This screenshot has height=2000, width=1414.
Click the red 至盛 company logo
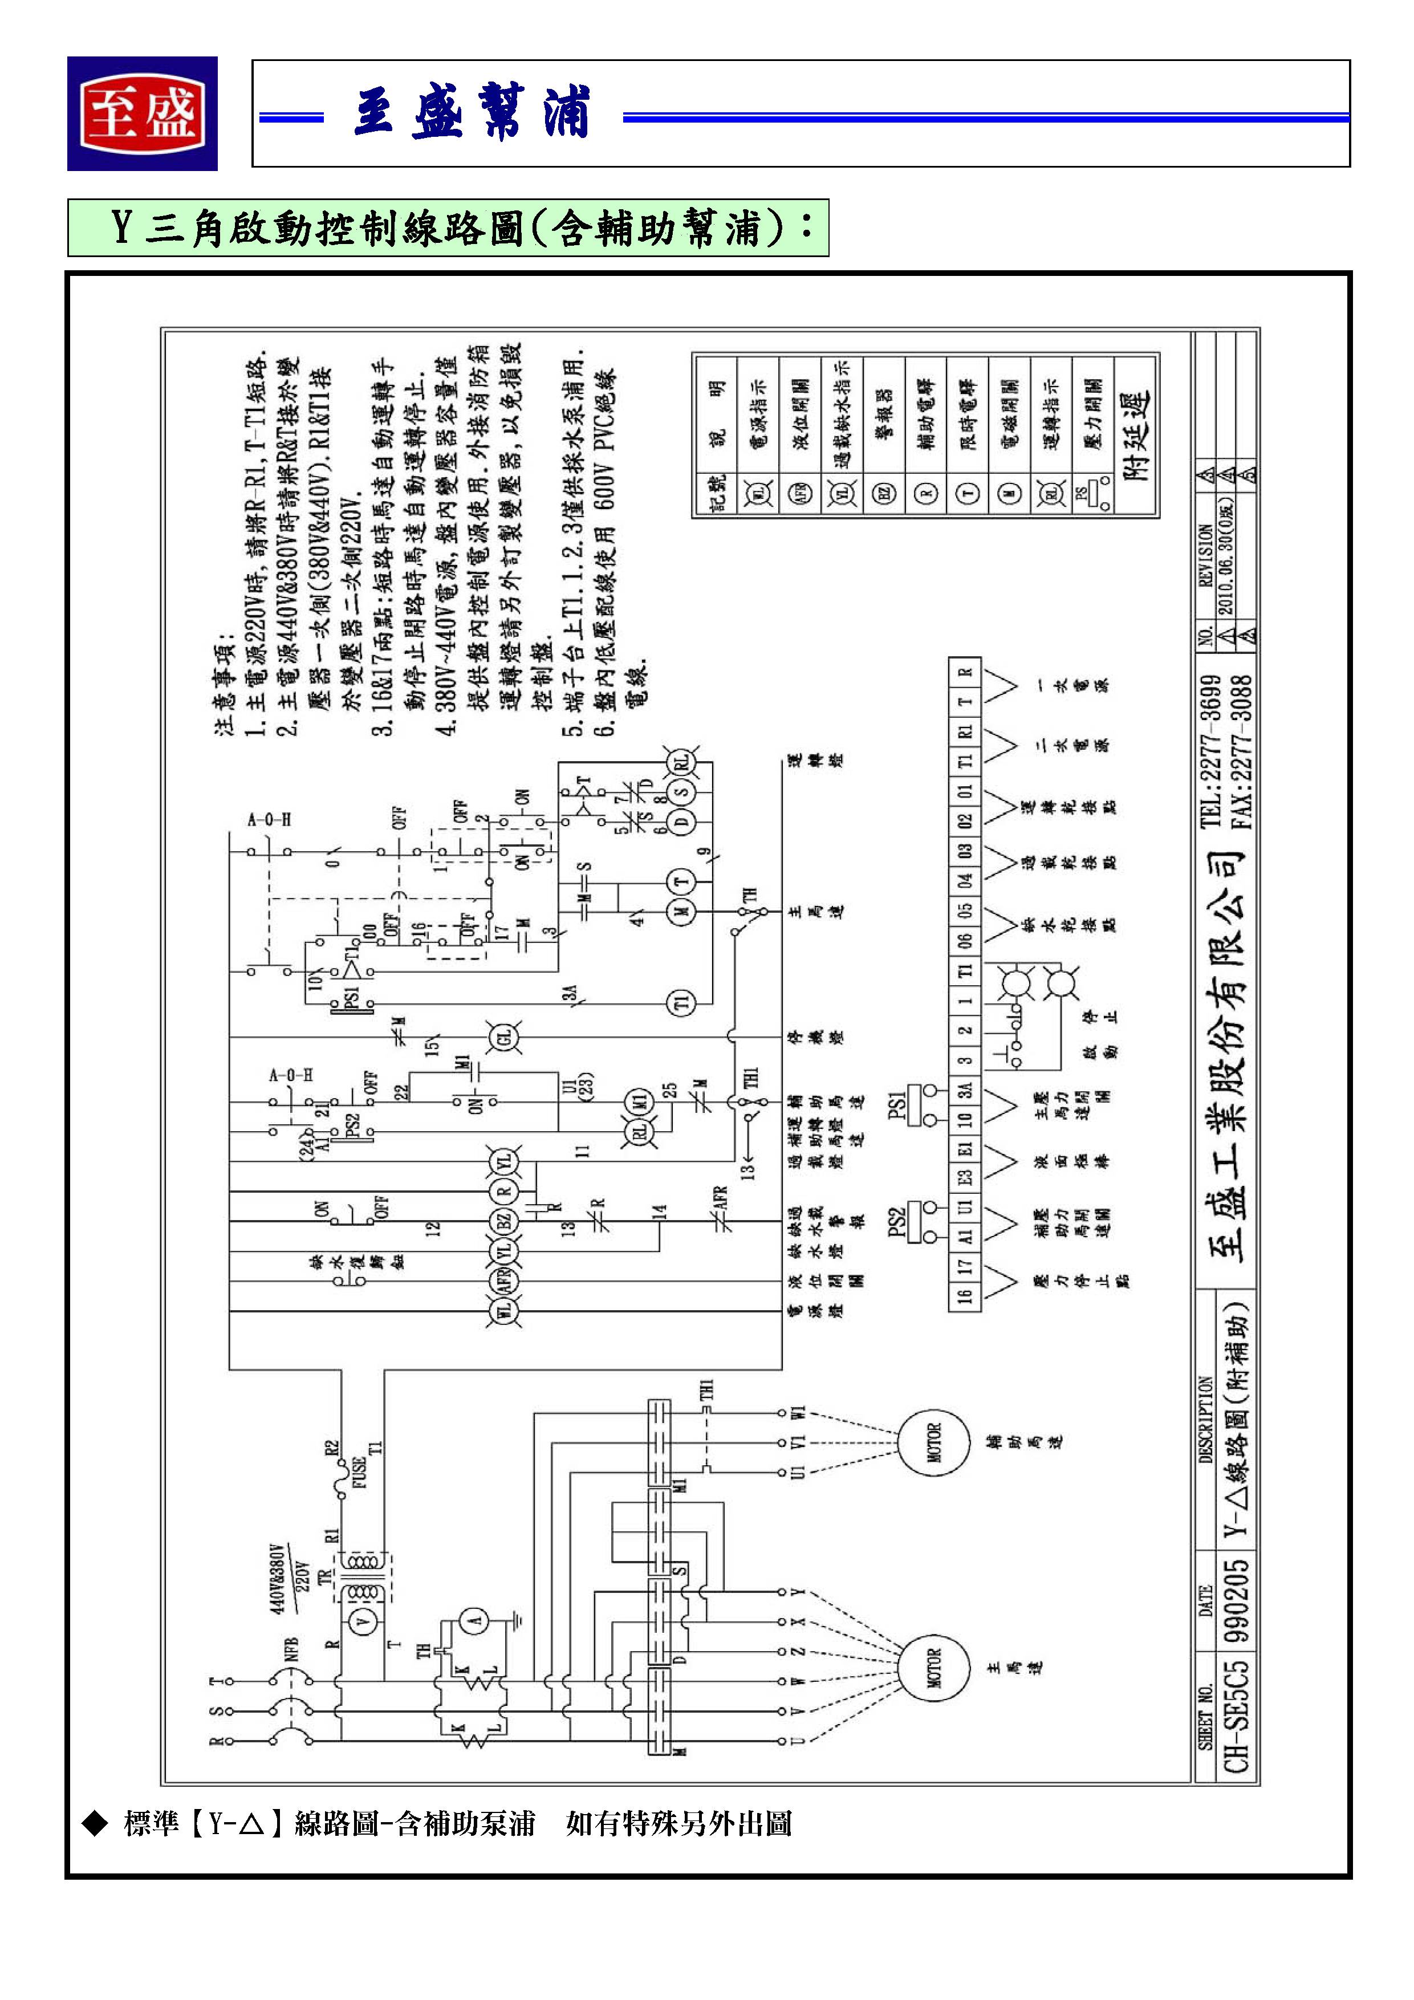point(142,114)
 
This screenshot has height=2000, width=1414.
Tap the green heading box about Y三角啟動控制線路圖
point(448,228)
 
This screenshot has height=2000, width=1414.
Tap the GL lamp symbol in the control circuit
point(505,1038)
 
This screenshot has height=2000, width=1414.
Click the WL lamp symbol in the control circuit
point(505,1311)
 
